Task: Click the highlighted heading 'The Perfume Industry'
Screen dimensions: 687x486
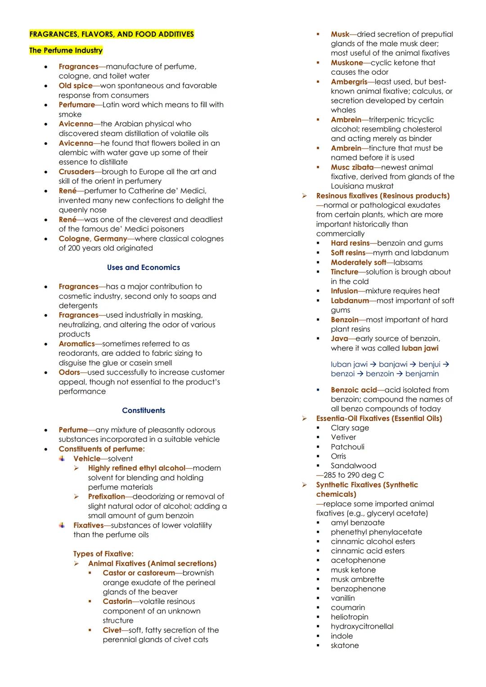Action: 66,50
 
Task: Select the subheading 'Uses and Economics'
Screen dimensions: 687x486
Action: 143,267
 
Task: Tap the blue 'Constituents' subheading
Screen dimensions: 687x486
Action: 143,410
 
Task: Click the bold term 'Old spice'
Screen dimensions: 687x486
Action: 76,85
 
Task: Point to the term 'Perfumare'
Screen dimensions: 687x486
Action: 76,104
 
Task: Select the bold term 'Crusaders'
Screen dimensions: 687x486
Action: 76,171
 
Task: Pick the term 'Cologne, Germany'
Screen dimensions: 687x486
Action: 93,238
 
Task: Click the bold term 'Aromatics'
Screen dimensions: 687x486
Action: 76,344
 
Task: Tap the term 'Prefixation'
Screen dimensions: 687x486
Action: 106,496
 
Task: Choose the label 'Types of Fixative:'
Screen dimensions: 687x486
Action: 103,554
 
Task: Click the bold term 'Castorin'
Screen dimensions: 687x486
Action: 117,601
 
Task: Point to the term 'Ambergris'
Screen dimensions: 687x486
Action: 349,82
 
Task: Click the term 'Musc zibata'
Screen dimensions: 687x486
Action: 352,167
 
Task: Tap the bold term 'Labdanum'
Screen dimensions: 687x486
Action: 350,301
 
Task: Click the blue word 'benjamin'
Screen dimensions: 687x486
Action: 422,373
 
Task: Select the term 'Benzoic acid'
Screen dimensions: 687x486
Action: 354,390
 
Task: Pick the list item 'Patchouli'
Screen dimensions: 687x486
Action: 347,447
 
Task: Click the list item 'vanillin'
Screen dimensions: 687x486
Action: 342,598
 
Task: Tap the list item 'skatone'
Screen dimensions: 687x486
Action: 345,645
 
